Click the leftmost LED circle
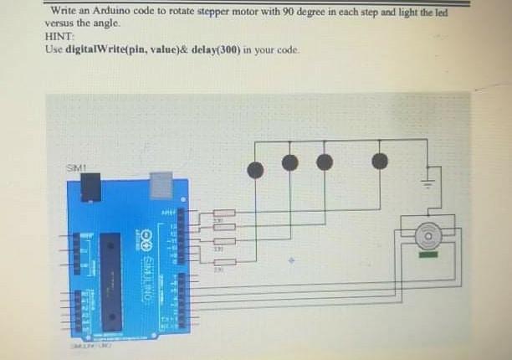pyautogui.click(x=255, y=170)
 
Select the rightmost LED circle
pyautogui.click(x=380, y=161)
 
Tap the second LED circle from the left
pyautogui.click(x=289, y=162)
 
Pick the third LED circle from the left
pyautogui.click(x=325, y=161)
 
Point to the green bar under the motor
pyautogui.click(x=428, y=255)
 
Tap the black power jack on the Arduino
pyautogui.click(x=87, y=191)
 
